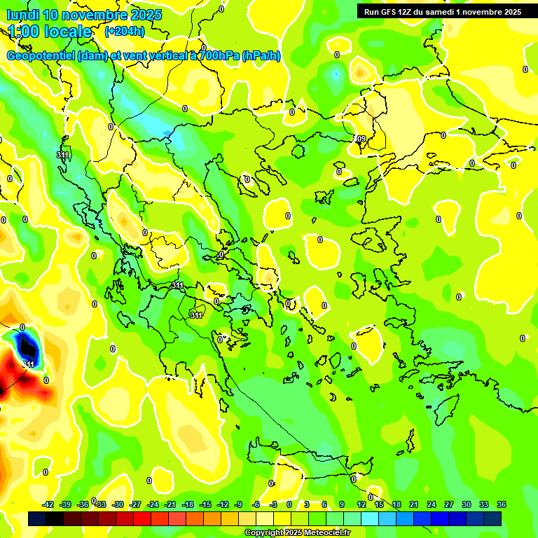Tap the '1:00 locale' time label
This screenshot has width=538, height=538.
click(x=50, y=32)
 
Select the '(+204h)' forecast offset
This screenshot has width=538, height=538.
click(x=124, y=32)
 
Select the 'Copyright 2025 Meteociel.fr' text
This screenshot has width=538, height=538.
click(x=298, y=533)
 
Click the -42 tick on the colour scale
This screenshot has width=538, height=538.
click(x=48, y=504)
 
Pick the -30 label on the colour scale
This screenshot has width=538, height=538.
click(x=118, y=504)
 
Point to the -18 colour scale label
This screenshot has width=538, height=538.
click(x=188, y=504)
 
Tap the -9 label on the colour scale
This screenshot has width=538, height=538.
click(x=238, y=504)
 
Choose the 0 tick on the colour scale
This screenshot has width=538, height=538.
click(x=289, y=504)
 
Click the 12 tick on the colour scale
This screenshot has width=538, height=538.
click(x=361, y=504)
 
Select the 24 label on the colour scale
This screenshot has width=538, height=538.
click(x=432, y=504)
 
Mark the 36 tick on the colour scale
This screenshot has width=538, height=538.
click(x=502, y=504)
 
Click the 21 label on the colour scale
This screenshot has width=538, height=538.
click(x=414, y=504)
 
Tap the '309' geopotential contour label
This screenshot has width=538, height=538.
click(x=360, y=139)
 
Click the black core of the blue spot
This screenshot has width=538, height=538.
click(x=27, y=346)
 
